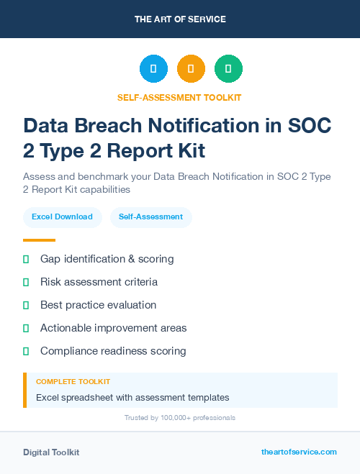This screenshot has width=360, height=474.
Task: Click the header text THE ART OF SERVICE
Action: coord(180,19)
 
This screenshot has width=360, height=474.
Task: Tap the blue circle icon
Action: coord(153,69)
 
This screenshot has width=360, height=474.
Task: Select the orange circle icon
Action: coord(191,69)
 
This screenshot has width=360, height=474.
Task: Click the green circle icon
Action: coord(228,69)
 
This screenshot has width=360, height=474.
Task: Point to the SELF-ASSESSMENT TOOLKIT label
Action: coord(179,97)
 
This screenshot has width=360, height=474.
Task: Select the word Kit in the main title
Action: coord(189,151)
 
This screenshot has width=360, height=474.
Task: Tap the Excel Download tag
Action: coord(62,217)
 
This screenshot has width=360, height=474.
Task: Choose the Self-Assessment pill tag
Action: coord(150,217)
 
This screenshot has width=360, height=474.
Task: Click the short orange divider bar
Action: coord(39,240)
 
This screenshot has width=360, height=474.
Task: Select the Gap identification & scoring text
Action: coord(107,258)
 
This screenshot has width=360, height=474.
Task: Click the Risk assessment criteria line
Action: coord(99,281)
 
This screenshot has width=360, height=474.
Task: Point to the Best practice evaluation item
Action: coord(98,304)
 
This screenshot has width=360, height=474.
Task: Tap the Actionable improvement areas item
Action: coord(113,327)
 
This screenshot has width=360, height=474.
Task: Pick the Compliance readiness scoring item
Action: coord(113,351)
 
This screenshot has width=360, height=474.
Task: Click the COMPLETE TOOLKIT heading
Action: coord(73,381)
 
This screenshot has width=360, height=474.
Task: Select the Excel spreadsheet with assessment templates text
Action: coord(132,397)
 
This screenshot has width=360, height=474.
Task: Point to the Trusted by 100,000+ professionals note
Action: coord(179,417)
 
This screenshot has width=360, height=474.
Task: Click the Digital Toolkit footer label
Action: coord(51,452)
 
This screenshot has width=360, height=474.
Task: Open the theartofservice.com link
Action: coord(299,452)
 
